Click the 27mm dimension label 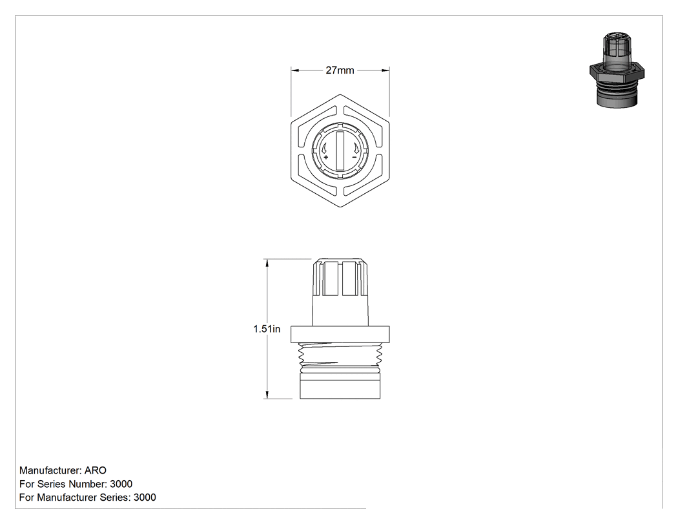(x=340, y=70)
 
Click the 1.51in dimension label (x=266, y=329)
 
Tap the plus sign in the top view (x=325, y=158)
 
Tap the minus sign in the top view (x=354, y=157)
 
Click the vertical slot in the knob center (x=340, y=151)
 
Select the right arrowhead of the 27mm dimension (x=385, y=70)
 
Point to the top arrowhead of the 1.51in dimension (x=267, y=263)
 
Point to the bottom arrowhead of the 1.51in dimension (x=267, y=395)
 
